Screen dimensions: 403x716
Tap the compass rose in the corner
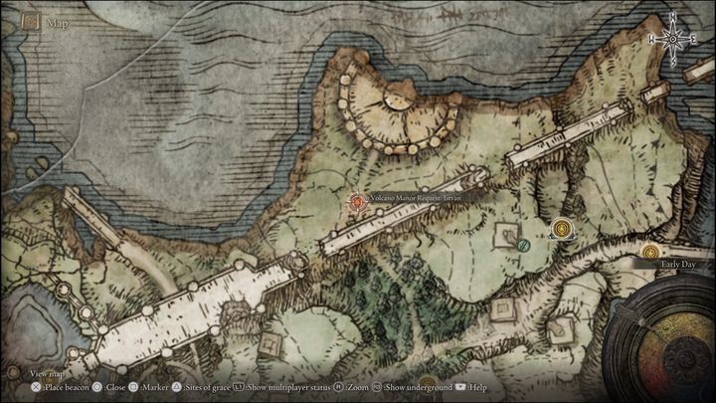click(673, 38)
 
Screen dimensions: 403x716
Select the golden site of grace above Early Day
click(650, 252)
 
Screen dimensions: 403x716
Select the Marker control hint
click(148, 386)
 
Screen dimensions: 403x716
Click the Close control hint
click(109, 386)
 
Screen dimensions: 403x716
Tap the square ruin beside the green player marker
click(504, 233)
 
